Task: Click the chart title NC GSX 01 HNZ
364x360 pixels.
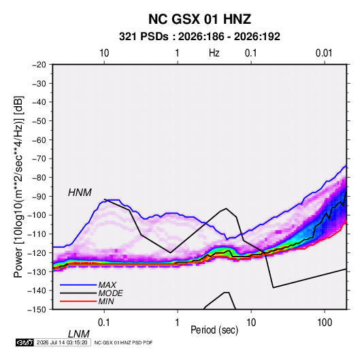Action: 199,19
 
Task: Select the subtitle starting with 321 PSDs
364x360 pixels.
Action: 199,37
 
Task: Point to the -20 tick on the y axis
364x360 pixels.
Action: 39,65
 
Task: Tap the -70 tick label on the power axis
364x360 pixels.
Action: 39,159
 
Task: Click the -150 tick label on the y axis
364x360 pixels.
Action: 37,310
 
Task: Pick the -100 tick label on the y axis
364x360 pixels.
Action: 37,215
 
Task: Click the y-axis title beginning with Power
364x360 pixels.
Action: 18,186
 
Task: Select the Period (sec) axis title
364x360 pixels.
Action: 214,330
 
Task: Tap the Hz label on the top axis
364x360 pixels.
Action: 214,53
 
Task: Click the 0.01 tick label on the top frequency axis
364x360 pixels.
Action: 324,53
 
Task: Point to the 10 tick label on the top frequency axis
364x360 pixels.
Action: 104,53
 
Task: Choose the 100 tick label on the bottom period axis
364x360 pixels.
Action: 325,323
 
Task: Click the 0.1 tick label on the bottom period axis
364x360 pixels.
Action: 104,323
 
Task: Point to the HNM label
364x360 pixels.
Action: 80,193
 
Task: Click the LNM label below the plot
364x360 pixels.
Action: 79,334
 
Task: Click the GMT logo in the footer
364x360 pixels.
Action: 24,342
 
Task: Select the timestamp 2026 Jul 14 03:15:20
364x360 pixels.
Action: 62,342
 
